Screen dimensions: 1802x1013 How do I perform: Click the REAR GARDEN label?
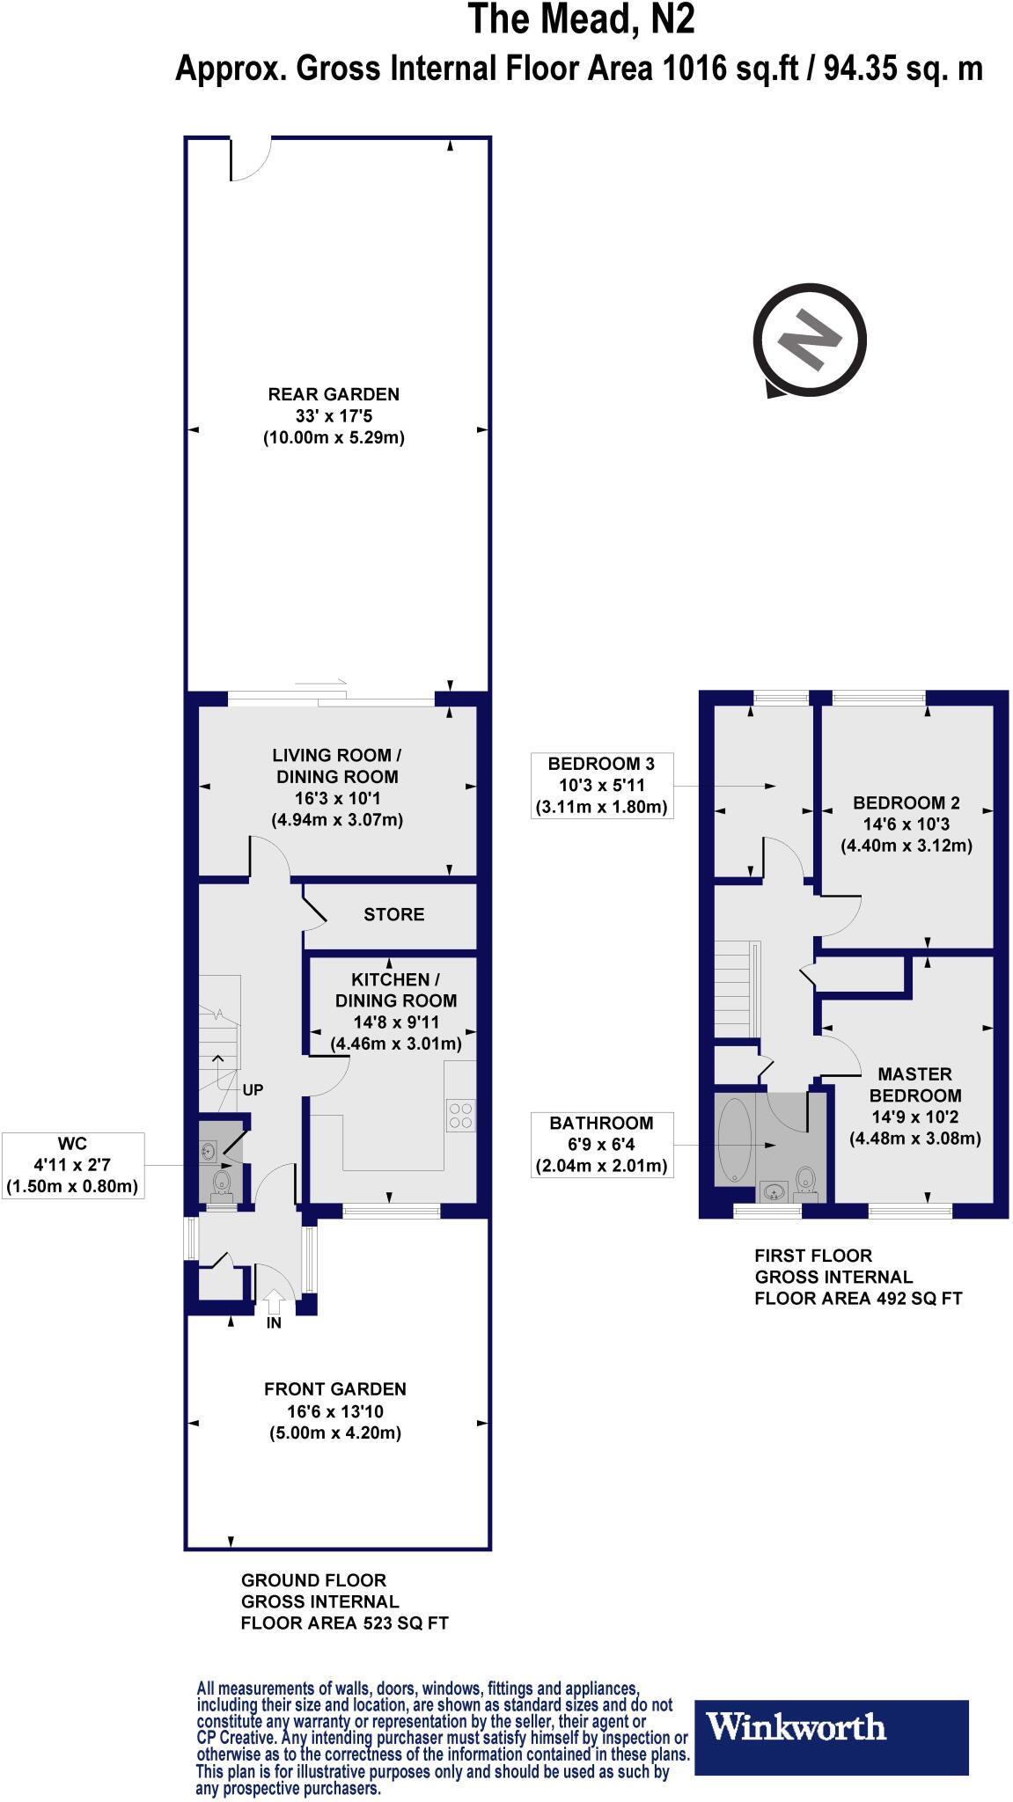coord(334,415)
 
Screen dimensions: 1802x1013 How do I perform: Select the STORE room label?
coord(393,914)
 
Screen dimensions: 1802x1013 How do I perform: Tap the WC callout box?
coord(72,1165)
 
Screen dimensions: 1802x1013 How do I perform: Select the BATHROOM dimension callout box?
coord(601,1145)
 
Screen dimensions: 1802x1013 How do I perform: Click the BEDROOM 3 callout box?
coord(601,785)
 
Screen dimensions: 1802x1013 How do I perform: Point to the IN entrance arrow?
coord(274,1300)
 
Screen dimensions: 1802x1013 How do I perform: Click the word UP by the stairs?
coord(253,1089)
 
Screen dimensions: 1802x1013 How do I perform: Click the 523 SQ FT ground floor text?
coord(344,1623)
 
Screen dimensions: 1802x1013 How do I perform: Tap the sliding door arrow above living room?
coord(321,682)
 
